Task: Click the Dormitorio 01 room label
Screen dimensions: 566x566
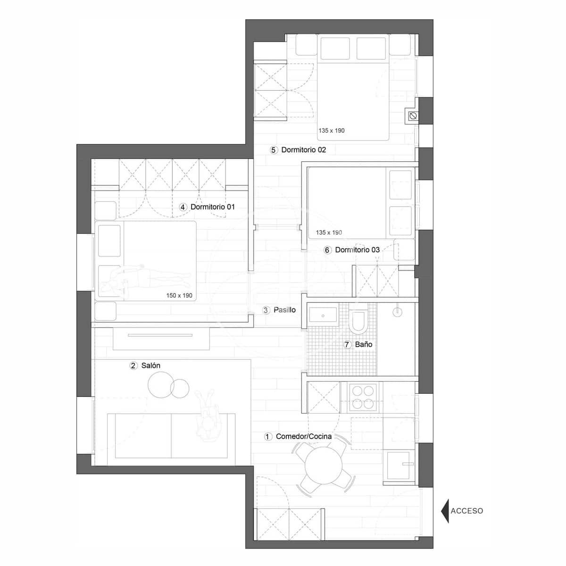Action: coord(212,207)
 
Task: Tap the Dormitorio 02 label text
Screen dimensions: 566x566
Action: coord(303,150)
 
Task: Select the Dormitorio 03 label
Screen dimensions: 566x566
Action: coord(357,250)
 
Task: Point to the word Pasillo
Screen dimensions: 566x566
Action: coord(284,310)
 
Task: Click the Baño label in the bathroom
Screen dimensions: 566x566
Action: coord(364,344)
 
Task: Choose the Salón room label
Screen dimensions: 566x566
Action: coord(150,366)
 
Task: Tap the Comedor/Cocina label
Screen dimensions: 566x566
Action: coord(303,436)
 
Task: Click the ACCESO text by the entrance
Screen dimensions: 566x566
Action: coord(466,511)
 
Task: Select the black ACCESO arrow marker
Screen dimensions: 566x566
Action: coord(444,511)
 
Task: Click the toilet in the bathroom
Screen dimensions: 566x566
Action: coord(358,321)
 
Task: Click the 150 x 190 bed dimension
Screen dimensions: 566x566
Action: coord(179,296)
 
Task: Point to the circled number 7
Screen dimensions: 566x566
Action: coord(347,345)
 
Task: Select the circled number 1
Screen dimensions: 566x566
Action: coord(267,437)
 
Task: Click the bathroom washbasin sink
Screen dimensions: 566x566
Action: coord(323,315)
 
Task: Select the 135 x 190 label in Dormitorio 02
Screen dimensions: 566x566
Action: coord(331,131)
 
